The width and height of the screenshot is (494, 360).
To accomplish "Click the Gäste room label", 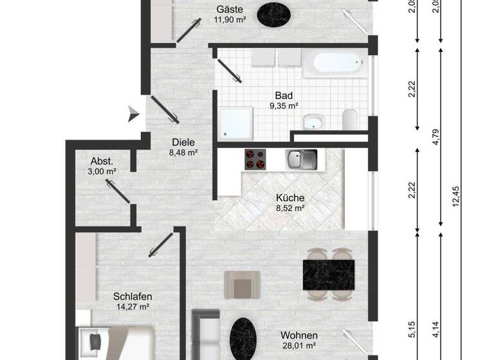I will tap(229, 9).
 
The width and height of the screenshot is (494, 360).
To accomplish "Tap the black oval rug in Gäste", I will tap(274, 13).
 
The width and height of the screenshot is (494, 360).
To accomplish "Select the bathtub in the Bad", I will tap(336, 64).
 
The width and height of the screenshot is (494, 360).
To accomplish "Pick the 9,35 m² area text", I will tap(284, 106).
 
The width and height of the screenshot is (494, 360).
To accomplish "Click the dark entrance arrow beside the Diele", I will tap(133, 114).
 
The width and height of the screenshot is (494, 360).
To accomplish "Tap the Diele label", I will tap(183, 143).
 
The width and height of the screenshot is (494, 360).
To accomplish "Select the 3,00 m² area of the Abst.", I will tap(103, 172).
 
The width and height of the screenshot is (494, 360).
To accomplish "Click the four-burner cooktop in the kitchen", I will tap(255, 159).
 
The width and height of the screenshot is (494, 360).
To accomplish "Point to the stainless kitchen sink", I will tap(302, 158).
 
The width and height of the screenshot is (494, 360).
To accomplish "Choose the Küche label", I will tap(290, 198).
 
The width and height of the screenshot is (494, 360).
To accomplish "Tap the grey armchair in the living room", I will tap(242, 284).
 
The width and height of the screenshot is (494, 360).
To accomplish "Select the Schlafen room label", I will tap(132, 296).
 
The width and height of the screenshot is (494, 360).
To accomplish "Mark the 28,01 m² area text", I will tap(299, 346).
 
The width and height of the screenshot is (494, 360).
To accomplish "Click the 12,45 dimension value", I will tap(457, 197).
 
